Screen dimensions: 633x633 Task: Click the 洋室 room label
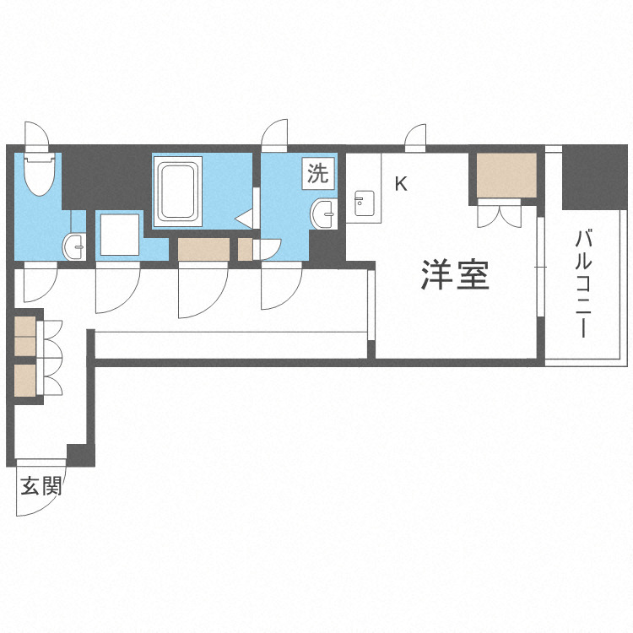(x=455, y=275)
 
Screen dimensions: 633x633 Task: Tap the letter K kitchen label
(x=401, y=183)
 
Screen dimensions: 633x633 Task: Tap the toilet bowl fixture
(x=39, y=173)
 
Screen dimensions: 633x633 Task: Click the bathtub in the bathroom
(x=178, y=191)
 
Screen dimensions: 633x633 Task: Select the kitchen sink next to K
(x=364, y=202)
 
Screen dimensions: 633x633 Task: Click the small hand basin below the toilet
(x=74, y=247)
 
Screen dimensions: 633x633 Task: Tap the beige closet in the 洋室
(x=506, y=175)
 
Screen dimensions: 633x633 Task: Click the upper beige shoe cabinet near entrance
(x=26, y=336)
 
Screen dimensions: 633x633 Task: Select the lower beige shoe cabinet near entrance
(x=26, y=380)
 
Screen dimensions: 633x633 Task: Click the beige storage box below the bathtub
(x=203, y=250)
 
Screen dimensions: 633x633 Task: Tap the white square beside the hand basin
(x=118, y=235)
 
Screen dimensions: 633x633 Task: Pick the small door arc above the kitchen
(x=414, y=138)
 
